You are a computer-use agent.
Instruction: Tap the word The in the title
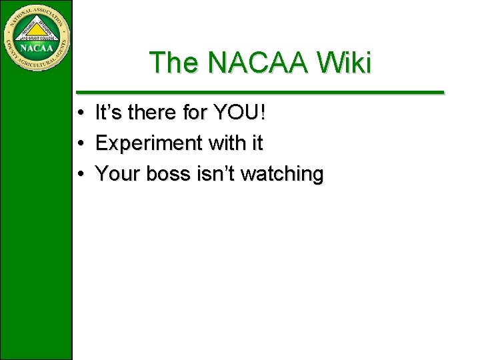175,63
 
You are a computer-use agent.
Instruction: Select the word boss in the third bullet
169,174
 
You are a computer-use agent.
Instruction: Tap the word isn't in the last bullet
215,174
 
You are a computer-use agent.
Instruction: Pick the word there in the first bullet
154,113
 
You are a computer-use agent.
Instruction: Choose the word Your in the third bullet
119,174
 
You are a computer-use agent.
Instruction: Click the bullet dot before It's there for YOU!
79,113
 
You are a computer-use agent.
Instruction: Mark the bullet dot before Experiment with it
79,143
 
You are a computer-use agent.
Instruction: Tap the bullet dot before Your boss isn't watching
79,174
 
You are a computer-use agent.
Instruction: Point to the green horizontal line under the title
260,92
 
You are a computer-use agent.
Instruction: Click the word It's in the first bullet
108,113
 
